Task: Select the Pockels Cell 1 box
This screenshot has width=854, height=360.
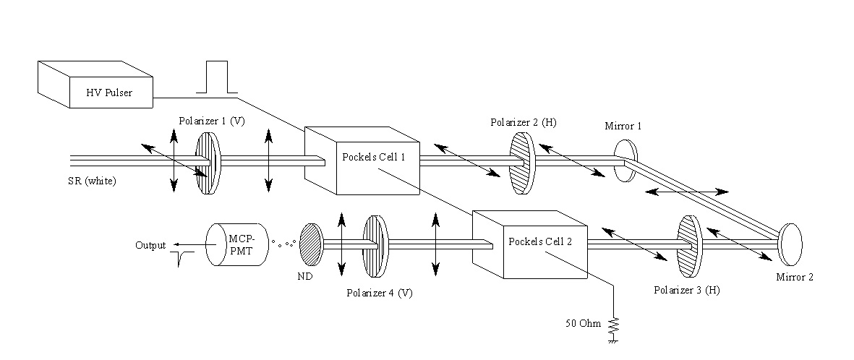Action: pos(362,162)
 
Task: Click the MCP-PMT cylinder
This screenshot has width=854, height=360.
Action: pos(237,244)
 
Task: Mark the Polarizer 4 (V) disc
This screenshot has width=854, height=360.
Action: pos(375,246)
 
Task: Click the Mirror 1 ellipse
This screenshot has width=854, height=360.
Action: pos(625,160)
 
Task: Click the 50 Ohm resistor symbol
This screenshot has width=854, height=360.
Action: pos(614,327)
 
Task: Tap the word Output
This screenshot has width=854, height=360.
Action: pos(150,245)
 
